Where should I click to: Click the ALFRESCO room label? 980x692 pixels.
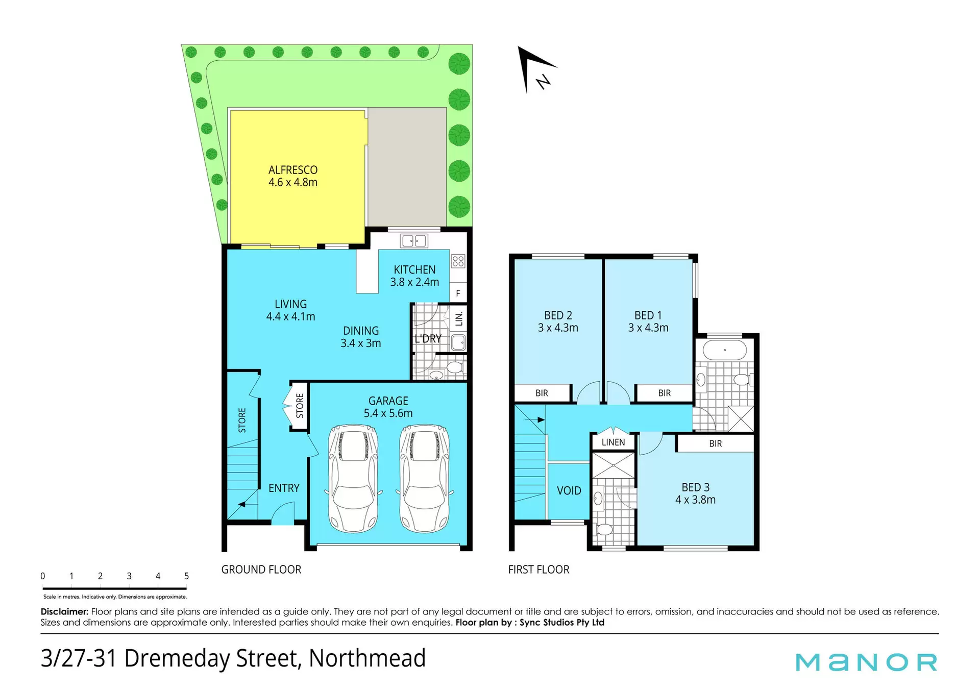pos(293,170)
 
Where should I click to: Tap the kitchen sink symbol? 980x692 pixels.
pos(414,241)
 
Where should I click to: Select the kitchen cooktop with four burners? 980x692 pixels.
pos(458,261)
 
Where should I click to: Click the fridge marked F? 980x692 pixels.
pos(458,293)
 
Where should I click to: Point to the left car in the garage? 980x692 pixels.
pos(353,479)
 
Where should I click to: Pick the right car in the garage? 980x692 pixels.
pos(425,479)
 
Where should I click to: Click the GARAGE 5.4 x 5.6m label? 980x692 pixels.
pos(388,407)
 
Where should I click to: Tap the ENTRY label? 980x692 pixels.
pos(284,488)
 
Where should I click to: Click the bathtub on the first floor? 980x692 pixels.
pos(725,350)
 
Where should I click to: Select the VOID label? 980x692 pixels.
pos(569,491)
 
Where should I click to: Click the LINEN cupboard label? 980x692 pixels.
pos(613,442)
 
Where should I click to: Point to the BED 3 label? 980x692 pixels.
pos(696,487)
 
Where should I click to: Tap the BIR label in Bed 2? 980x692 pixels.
pos(542,393)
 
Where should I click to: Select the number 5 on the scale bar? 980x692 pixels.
pos(186,576)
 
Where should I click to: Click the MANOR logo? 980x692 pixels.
pos(867,662)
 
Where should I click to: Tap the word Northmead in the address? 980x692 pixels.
pos(367,658)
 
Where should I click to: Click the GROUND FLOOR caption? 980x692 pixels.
pos(261,570)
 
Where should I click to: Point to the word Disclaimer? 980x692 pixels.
pos(65,611)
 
